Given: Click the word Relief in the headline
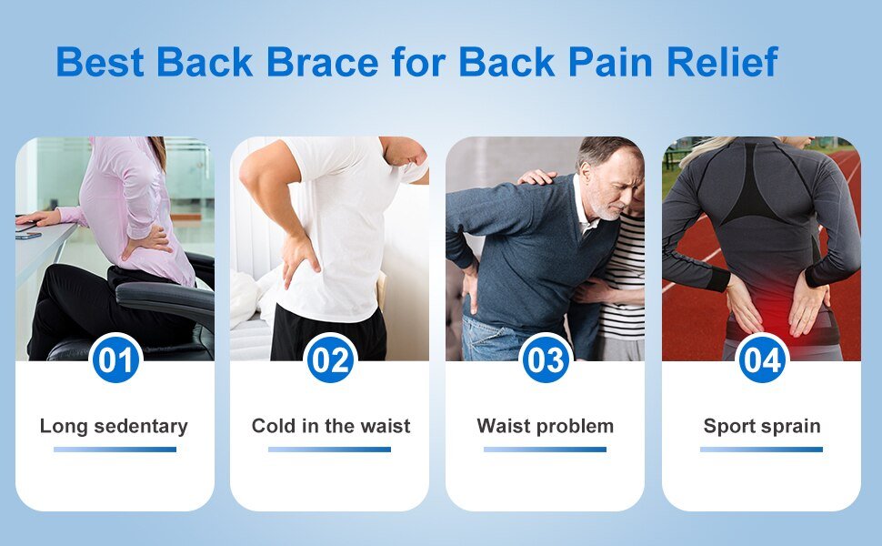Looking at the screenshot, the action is click(722, 61).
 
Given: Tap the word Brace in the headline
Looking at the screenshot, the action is click(323, 61).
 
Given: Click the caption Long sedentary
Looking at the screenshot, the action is click(115, 426).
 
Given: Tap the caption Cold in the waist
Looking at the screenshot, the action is click(331, 426).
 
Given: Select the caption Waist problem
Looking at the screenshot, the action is click(545, 426).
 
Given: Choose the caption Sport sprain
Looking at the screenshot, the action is click(762, 426).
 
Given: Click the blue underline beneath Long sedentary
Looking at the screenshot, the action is click(115, 450).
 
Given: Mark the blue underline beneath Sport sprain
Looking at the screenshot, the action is click(761, 450).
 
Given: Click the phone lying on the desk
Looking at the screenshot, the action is click(28, 236).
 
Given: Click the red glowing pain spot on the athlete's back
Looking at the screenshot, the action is click(774, 307).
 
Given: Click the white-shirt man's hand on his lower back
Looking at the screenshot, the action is click(299, 259).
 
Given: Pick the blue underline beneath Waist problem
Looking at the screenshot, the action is click(545, 450).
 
